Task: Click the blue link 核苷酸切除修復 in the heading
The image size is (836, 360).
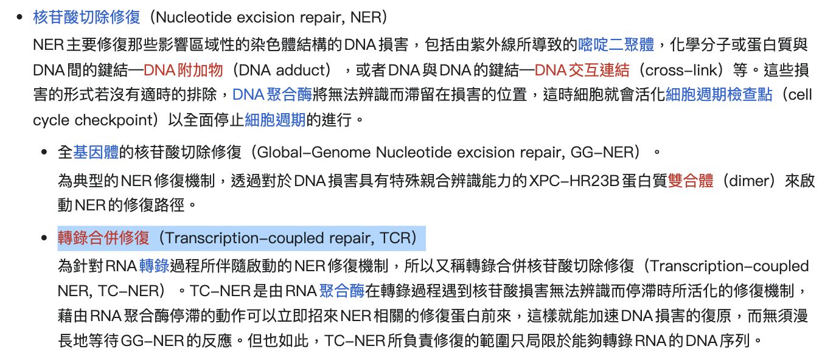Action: pyautogui.click(x=86, y=17)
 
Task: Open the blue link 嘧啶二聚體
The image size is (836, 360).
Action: pyautogui.click(x=616, y=45)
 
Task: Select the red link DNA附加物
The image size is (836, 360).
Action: pyautogui.click(x=183, y=70)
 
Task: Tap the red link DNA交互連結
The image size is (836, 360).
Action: pyautogui.click(x=582, y=70)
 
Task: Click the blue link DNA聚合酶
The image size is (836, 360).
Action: pyautogui.click(x=272, y=95)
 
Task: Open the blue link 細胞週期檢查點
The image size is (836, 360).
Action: pyautogui.click(x=719, y=95)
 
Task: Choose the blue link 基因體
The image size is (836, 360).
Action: pyautogui.click(x=96, y=152)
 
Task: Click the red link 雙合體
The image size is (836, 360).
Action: pyautogui.click(x=691, y=181)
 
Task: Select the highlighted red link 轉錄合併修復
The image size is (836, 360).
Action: pyautogui.click(x=103, y=238)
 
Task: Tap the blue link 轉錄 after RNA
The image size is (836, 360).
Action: pyautogui.click(x=154, y=266)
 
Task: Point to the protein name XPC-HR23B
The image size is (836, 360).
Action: pyautogui.click(x=574, y=181)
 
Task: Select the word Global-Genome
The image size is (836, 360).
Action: pyautogui.click(x=314, y=152)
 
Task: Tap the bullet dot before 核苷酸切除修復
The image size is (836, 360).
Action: pyautogui.click(x=20, y=17)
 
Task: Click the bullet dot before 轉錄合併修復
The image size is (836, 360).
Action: pyautogui.click(x=44, y=238)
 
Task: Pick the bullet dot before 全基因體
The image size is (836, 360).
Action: pyautogui.click(x=44, y=152)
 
